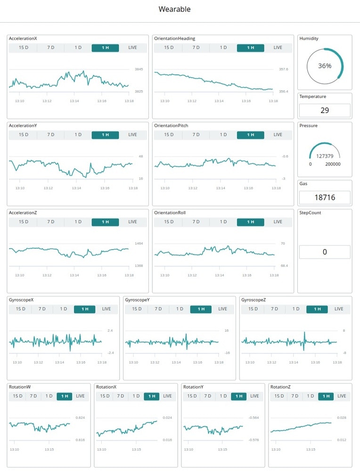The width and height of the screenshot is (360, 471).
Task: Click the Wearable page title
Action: [174, 9]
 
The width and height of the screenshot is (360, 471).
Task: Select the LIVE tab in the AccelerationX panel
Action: [132, 48]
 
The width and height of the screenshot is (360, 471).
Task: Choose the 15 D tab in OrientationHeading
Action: [169, 48]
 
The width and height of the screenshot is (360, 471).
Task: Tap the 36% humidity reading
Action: [325, 66]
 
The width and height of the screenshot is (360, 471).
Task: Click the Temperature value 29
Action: [325, 111]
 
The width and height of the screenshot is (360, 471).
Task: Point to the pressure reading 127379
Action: [325, 156]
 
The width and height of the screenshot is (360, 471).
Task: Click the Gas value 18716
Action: [325, 197]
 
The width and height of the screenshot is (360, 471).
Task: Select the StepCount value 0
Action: [325, 252]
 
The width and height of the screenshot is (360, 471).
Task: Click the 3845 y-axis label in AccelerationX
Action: [139, 69]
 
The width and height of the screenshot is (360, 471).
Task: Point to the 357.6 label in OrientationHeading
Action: [284, 69]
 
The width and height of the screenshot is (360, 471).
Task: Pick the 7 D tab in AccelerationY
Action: [50, 135]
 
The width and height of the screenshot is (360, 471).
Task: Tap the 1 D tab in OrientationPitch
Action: [223, 135]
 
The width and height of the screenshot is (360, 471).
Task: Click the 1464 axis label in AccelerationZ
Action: [139, 244]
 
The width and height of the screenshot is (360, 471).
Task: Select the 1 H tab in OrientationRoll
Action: [250, 222]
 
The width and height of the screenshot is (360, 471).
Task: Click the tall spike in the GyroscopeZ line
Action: [304, 335]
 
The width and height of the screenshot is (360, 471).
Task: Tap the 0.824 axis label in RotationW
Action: [81, 418]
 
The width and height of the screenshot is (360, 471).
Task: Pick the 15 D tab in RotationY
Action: [192, 396]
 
